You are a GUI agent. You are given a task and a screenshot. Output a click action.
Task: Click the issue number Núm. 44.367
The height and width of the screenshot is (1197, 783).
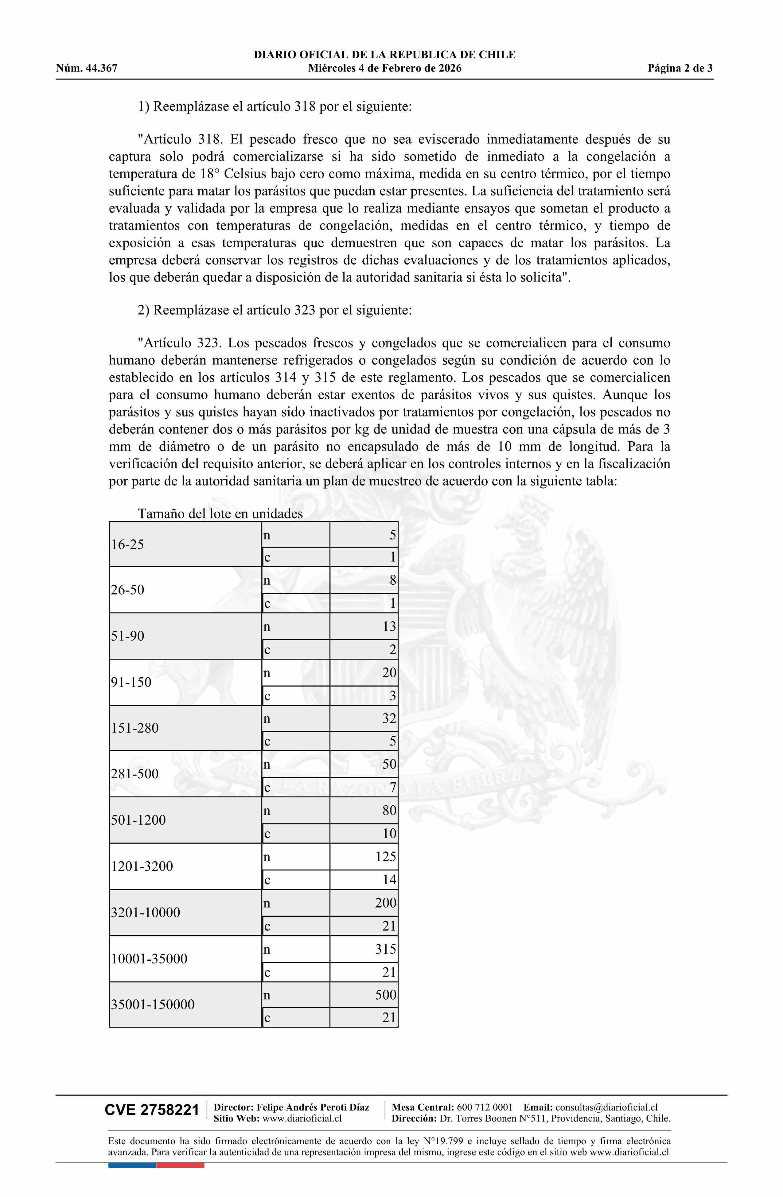click(87, 68)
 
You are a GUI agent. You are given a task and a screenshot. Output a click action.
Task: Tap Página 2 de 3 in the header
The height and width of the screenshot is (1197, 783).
click(680, 68)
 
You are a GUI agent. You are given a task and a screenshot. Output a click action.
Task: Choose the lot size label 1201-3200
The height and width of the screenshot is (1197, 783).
click(142, 866)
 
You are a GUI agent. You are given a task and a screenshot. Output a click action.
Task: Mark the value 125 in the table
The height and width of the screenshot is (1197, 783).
click(385, 857)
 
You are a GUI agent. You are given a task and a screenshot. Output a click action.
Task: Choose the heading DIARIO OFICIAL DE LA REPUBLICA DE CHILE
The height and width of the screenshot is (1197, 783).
click(384, 55)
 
